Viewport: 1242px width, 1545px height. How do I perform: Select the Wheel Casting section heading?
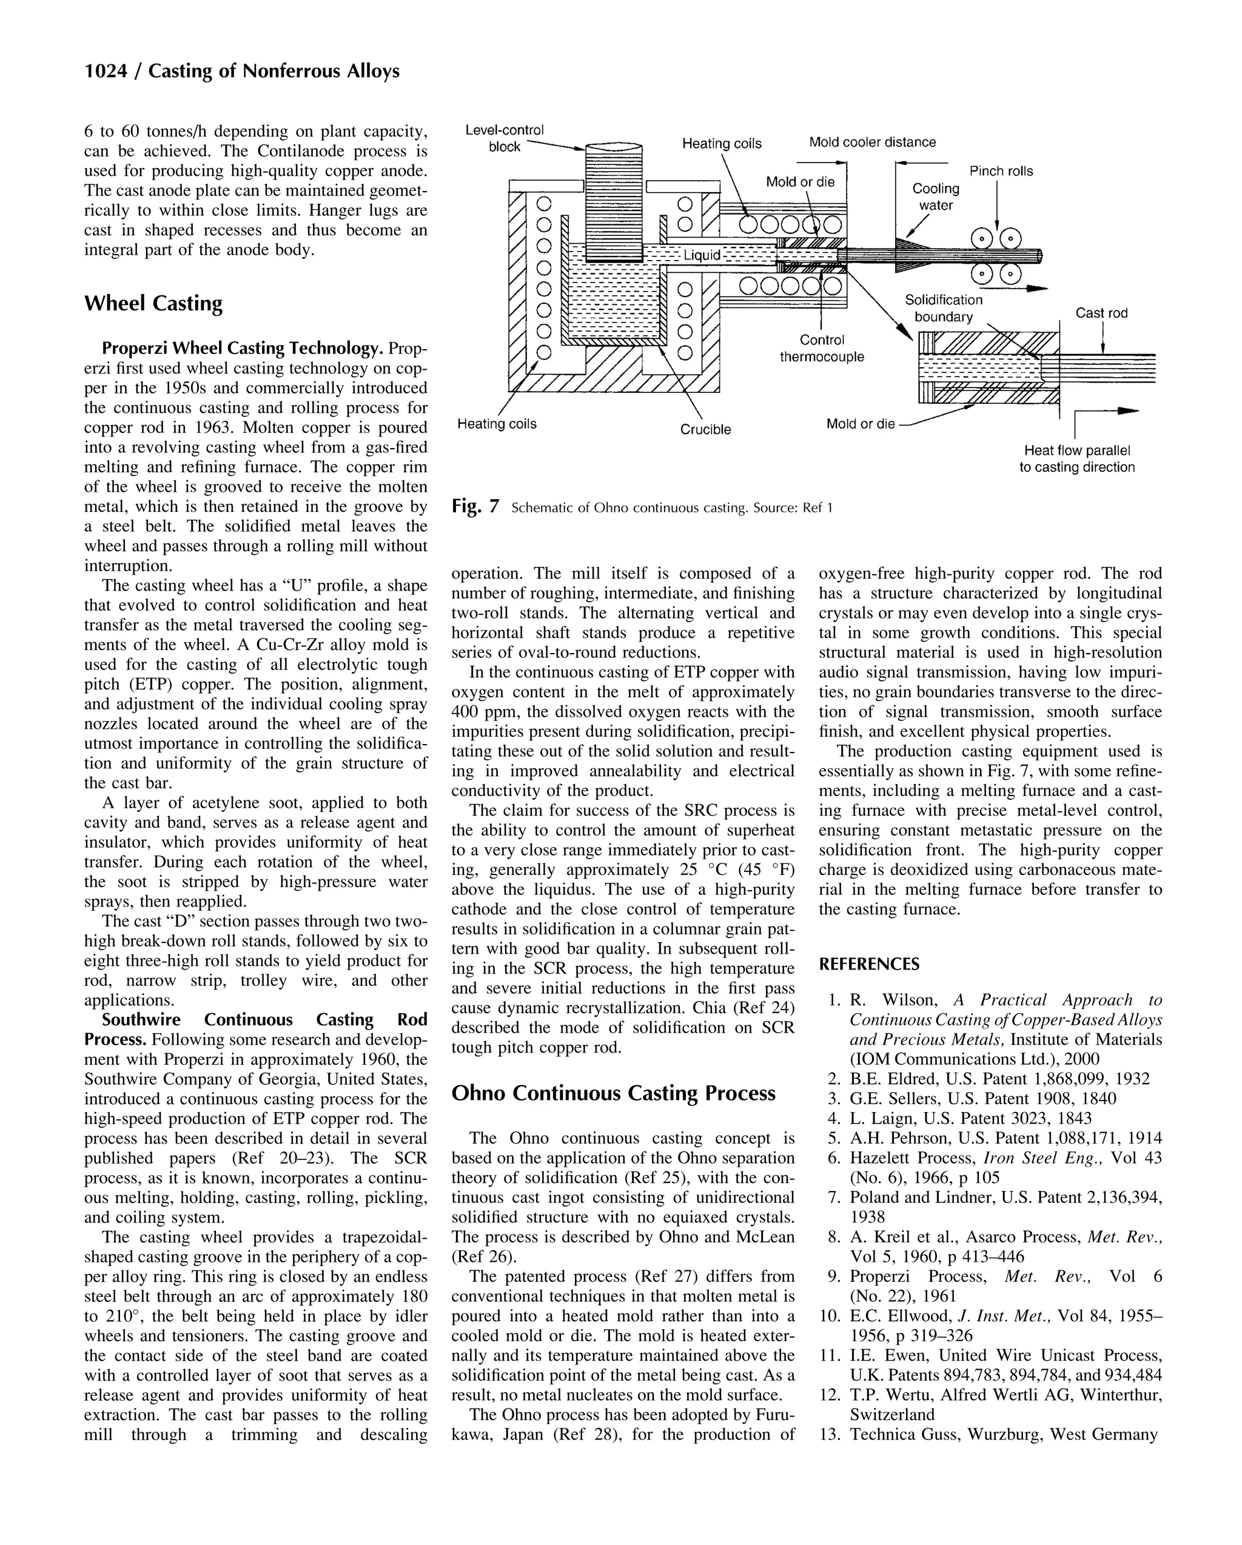(153, 303)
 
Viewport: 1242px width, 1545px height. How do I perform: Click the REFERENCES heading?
(868, 965)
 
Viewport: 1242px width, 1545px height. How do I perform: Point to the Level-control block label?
(504, 138)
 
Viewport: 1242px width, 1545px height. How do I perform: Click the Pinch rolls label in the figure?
(1001, 171)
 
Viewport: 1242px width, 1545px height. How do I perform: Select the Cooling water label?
(935, 197)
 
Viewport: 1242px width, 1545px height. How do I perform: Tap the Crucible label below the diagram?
(705, 430)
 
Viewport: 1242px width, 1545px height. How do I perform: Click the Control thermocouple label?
(821, 348)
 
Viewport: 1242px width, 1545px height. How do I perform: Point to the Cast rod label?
(1101, 313)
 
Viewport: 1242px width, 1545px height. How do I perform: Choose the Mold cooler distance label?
(872, 142)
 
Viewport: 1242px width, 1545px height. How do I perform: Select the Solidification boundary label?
(943, 308)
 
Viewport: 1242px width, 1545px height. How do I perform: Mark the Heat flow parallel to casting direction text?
(1076, 458)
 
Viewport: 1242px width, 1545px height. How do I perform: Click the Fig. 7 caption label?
(474, 508)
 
